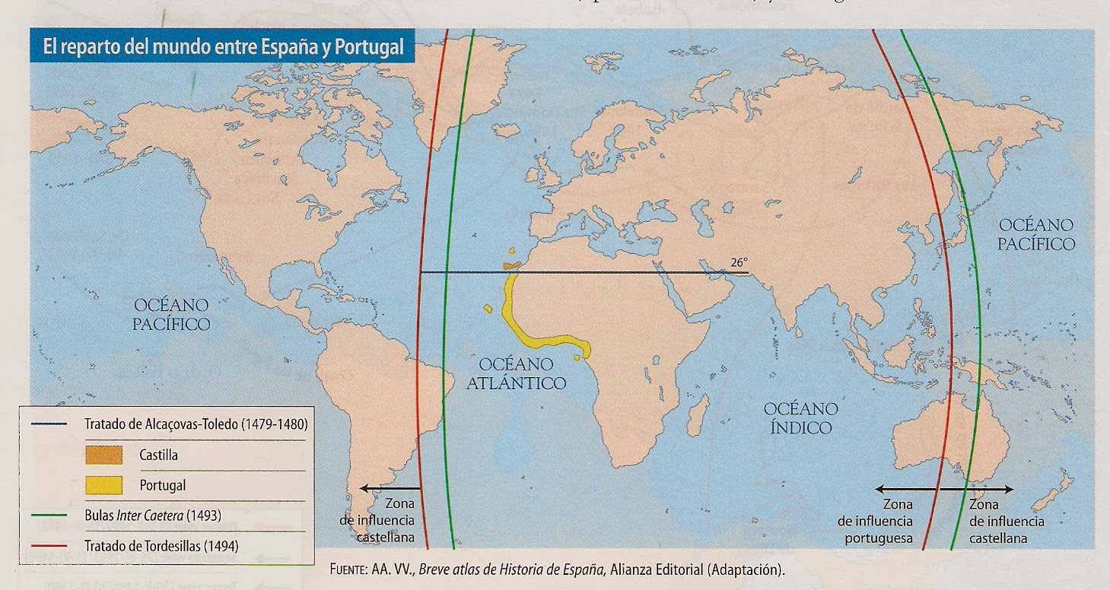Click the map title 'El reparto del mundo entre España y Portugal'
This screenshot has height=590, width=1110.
(219, 48)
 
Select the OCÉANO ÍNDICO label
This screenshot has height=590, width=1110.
(800, 418)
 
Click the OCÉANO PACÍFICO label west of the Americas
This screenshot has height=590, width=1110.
(172, 314)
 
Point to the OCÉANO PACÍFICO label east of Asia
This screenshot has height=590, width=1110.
(1036, 234)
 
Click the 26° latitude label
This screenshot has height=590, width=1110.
(739, 262)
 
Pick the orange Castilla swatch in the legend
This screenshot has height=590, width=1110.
(104, 455)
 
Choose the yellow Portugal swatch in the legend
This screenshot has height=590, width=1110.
(104, 484)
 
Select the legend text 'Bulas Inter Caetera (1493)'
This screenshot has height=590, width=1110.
(153, 515)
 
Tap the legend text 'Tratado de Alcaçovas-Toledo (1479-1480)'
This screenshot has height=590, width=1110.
(196, 423)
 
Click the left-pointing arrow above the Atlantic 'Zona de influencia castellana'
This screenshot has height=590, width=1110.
(390, 488)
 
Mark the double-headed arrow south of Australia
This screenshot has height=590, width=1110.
(943, 490)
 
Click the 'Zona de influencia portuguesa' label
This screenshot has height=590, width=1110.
(875, 522)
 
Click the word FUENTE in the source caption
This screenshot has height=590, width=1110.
(350, 569)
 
